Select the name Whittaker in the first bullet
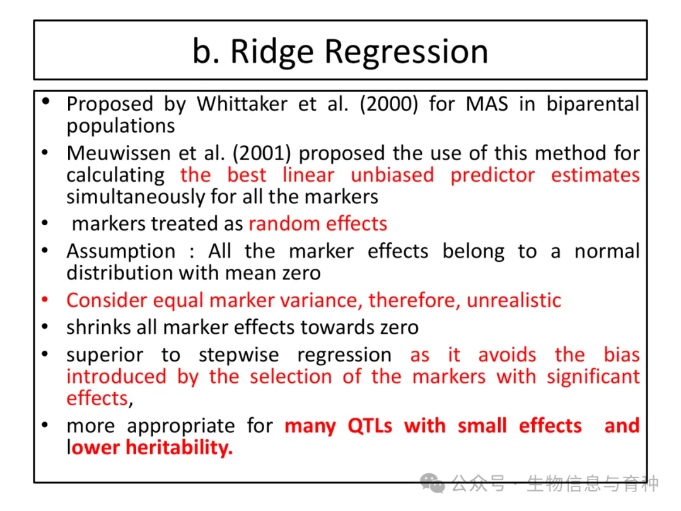click(x=242, y=104)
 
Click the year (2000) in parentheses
click(x=388, y=105)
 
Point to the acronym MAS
click(x=487, y=104)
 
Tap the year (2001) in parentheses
click(x=262, y=153)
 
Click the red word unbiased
click(x=392, y=175)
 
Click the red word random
click(x=284, y=224)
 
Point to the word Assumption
click(x=121, y=252)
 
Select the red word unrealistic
click(x=514, y=300)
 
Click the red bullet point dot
click(x=45, y=300)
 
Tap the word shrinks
click(x=98, y=327)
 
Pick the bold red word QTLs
click(x=370, y=426)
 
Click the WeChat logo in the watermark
click(x=433, y=483)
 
